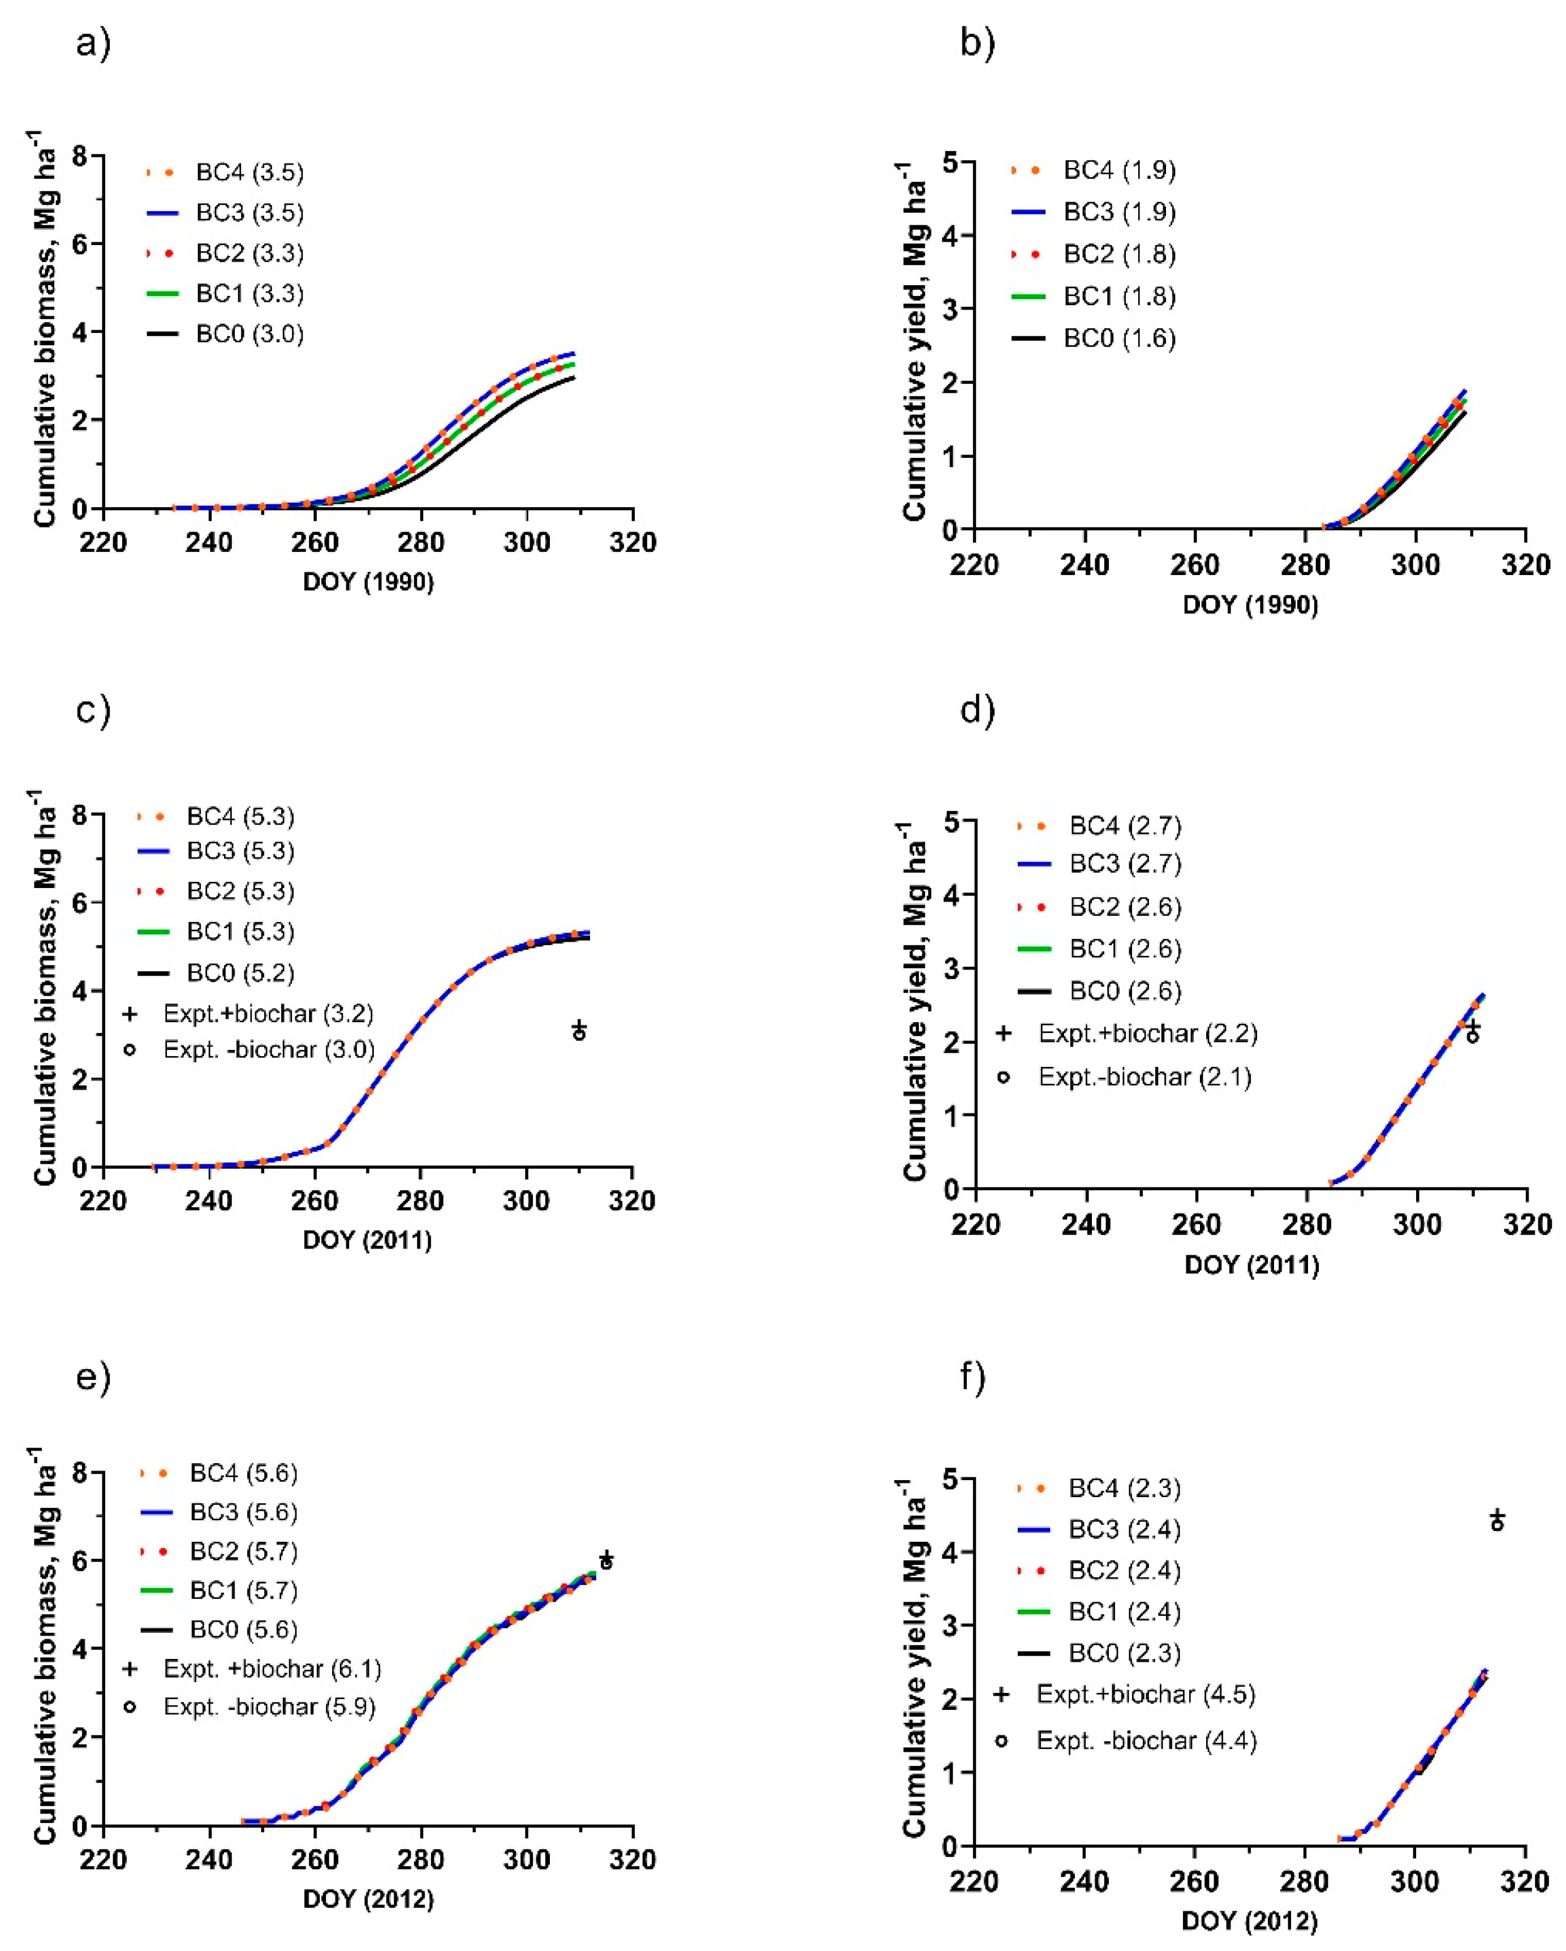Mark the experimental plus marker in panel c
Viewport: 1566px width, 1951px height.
579,1027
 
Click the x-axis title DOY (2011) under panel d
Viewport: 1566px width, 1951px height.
1251,1265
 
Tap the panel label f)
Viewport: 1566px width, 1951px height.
973,1377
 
